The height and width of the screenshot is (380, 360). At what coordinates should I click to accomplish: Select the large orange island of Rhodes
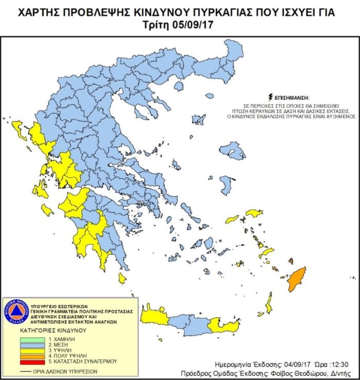(x=296, y=277)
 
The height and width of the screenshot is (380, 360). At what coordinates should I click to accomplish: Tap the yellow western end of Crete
(x=154, y=314)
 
